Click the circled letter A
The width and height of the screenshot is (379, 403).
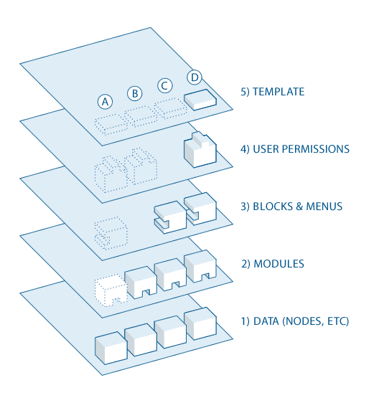(x=106, y=102)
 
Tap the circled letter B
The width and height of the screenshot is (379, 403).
(x=134, y=93)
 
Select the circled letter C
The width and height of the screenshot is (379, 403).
(x=164, y=86)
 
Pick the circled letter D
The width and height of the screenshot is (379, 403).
(x=195, y=77)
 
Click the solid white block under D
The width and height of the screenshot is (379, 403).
(x=200, y=100)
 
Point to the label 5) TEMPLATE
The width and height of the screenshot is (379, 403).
(x=272, y=92)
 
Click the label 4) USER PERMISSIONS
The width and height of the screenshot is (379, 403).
(x=295, y=149)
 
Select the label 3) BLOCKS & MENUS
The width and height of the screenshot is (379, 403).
(x=291, y=207)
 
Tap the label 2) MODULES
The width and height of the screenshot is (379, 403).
(x=272, y=264)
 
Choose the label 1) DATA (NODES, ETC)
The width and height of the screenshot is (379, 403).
(x=295, y=321)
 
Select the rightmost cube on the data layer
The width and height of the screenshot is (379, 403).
(x=200, y=323)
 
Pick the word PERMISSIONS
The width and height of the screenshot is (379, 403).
(x=313, y=149)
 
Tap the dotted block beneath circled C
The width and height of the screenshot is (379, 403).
(x=171, y=108)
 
